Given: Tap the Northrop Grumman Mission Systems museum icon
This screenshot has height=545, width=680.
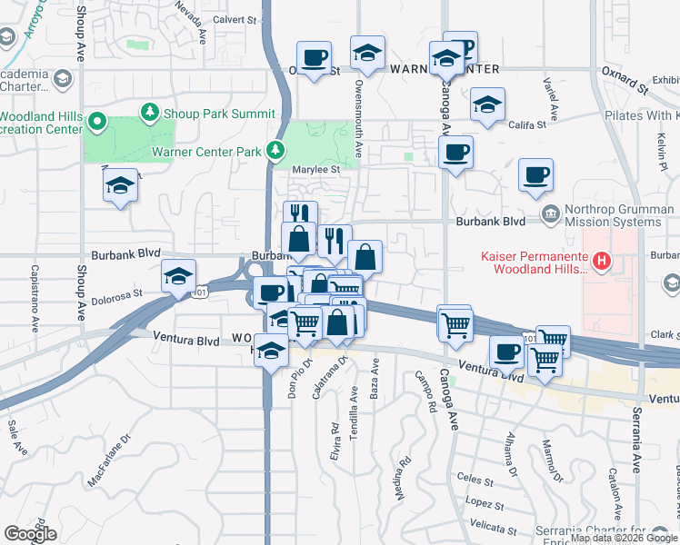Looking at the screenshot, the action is pyautogui.click(x=550, y=213).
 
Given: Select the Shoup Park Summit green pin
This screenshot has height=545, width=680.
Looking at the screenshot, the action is pyautogui.click(x=148, y=113).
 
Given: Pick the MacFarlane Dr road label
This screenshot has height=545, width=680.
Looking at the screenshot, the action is pyautogui.click(x=110, y=450).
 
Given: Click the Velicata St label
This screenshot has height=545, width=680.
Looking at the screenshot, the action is pyautogui.click(x=494, y=526).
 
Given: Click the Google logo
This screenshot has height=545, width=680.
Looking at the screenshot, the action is pyautogui.click(x=30, y=534).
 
